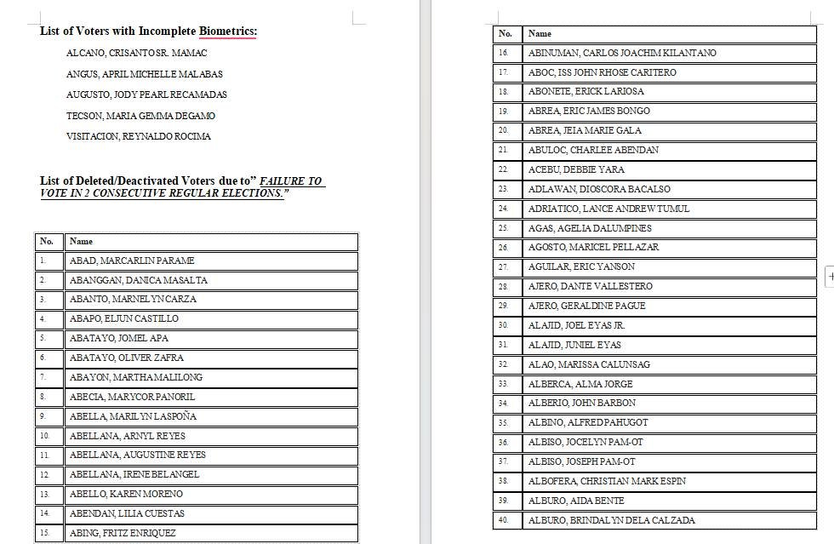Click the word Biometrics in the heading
pos(227,31)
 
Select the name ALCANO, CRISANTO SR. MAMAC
pos(136,53)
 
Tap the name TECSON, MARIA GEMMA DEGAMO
pos(140,116)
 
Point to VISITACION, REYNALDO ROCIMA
pos(139,136)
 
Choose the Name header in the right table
pos(540,34)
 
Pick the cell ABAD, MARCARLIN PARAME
pos(132,261)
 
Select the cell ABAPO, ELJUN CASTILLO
pos(124,318)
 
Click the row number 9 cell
pos(43,416)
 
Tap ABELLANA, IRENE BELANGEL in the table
pos(134,474)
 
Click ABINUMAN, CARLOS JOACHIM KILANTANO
pos(622,53)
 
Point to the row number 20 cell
pos(504,130)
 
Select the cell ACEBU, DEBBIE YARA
pos(576,169)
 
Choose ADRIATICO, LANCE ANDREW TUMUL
pos(608,209)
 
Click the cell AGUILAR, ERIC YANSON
pos(581,267)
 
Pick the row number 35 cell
pos(504,422)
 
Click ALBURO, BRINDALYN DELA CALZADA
pos(611,520)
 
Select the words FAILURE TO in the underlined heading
pos(291,181)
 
